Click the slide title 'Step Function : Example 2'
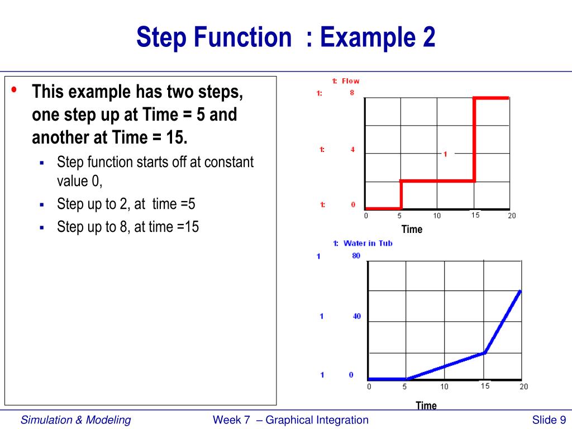[x=285, y=38]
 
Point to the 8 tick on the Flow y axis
[x=352, y=93]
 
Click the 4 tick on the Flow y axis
[x=352, y=150]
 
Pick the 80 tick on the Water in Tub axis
[x=356, y=256]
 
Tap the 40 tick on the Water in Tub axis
[x=356, y=316]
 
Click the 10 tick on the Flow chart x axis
[x=437, y=216]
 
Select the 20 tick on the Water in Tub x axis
[x=523, y=387]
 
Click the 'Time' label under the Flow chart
[x=412, y=229]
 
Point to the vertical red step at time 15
[x=474, y=140]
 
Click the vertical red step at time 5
[x=401, y=194]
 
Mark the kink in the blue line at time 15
[x=485, y=352]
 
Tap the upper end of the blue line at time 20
[x=521, y=291]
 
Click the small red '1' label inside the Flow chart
[x=445, y=154]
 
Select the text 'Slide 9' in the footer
[x=549, y=420]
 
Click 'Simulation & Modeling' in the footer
[x=76, y=420]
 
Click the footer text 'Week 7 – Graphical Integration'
[x=290, y=420]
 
